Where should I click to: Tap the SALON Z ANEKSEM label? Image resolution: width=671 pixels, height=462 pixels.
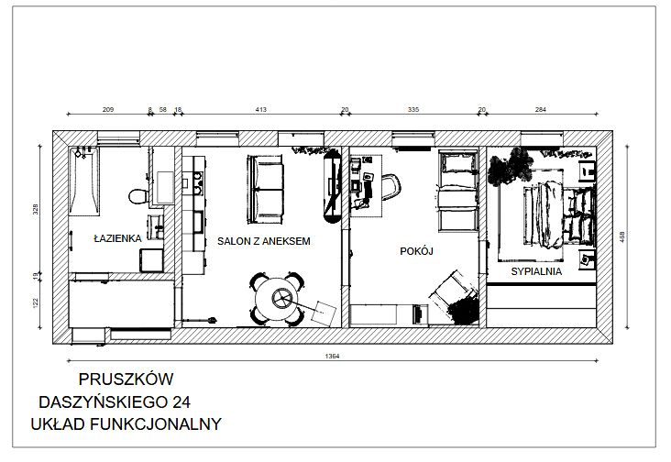point(264,241)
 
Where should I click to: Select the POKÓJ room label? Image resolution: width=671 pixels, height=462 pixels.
point(416,249)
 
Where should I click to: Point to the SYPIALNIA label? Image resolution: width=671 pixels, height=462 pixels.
point(536,272)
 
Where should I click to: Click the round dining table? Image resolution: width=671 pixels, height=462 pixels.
point(278,298)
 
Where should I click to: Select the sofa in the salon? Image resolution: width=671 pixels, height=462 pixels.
point(266,186)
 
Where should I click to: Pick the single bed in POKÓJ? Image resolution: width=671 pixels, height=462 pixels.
point(456,193)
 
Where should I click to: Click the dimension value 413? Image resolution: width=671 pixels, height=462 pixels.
point(260,110)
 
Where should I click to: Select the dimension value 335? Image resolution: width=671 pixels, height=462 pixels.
point(412,110)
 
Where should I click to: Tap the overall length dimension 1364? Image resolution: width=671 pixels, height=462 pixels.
point(332,356)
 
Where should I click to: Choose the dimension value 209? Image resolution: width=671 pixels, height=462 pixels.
point(107,110)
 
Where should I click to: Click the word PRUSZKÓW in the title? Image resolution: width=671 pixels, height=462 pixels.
point(126,379)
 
